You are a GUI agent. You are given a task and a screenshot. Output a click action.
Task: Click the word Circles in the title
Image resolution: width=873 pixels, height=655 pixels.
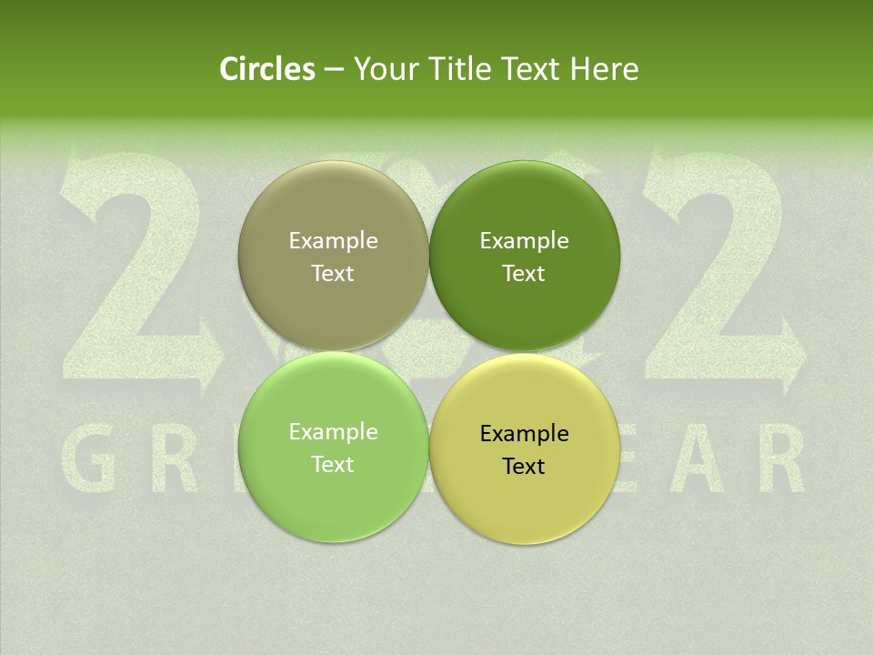(x=266, y=69)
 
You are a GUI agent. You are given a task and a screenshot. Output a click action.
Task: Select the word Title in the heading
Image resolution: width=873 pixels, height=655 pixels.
(x=463, y=69)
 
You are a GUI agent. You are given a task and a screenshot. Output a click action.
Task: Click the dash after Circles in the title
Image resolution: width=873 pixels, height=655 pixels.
(x=334, y=70)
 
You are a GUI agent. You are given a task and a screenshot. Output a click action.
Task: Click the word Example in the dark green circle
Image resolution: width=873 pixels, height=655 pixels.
(x=524, y=241)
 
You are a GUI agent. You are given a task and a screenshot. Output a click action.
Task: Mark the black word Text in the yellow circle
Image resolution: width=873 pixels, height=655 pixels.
(x=524, y=467)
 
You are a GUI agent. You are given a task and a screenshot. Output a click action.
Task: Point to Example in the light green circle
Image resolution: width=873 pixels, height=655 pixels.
(x=333, y=432)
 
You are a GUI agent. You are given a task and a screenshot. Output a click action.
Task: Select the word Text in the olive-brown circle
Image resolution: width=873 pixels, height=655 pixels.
(x=333, y=274)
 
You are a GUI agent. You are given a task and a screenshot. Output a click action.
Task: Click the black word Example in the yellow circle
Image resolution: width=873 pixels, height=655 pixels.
(x=524, y=434)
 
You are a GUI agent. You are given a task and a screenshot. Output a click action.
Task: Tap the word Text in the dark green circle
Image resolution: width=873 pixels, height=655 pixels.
(x=524, y=274)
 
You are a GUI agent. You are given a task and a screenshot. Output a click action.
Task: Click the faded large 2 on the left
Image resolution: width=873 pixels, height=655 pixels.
(x=136, y=273)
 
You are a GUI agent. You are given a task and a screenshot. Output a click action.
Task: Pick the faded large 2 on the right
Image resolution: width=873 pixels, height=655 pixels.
(x=718, y=273)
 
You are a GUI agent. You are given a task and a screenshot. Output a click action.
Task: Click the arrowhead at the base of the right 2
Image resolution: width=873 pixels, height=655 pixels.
(x=792, y=351)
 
